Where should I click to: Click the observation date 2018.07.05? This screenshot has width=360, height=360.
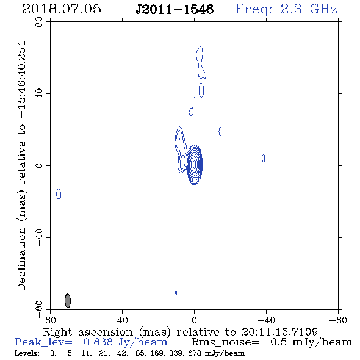coord(62,9)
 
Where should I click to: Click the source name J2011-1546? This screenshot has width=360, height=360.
coord(175,9)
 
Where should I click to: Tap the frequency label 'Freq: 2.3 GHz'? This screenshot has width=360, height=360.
coord(286,9)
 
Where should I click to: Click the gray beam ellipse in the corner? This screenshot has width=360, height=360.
coord(68,301)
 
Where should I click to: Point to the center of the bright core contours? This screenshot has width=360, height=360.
coord(195,164)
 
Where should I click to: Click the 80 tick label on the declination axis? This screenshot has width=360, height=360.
coord(39,22)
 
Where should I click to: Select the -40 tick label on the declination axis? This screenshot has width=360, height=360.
coord(39,237)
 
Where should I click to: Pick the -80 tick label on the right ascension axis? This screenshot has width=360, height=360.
coord(338,320)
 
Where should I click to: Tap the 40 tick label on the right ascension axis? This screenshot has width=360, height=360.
coord(122,320)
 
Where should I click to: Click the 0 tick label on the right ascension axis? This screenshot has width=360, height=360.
coord(194,320)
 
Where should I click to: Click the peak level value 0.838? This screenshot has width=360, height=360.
coord(98,342)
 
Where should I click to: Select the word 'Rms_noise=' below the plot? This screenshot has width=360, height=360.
coord(225,342)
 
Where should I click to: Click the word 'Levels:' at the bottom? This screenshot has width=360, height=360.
coord(27,353)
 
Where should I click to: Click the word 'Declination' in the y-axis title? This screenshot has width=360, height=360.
coord(21,259)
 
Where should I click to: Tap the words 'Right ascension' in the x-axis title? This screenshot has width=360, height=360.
coord(88,332)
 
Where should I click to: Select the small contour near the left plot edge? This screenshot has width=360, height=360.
coord(59,194)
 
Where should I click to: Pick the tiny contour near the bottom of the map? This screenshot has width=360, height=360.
coord(176,293)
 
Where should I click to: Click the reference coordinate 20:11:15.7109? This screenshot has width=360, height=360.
coord(279,332)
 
